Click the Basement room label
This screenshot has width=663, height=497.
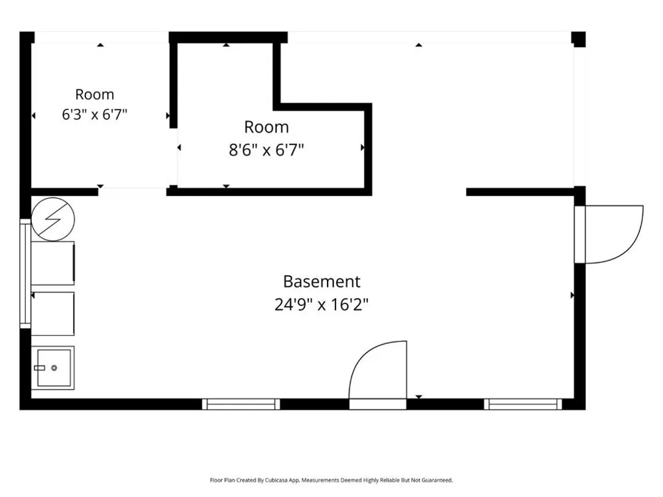pos(322,282)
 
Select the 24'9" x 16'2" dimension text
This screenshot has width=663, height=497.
pos(322,304)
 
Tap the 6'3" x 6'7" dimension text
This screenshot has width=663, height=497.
pos(95,114)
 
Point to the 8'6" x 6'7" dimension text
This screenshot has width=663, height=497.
pos(267,150)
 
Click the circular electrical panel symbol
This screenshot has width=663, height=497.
pos(53,219)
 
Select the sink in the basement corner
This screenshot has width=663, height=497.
pos(53,368)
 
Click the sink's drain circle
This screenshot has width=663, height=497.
pos(54,368)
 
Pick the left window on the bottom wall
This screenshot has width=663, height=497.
pos(241,404)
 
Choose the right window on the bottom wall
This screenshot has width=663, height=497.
pos(523,404)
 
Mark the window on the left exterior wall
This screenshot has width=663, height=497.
pos(25,274)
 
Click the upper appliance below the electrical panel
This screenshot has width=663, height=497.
pos(53,263)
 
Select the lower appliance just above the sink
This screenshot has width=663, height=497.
pos(53,313)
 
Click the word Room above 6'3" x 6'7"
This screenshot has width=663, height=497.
pos(95,94)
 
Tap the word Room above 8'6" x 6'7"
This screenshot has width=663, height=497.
pos(267,127)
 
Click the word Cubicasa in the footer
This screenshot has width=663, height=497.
pos(274,480)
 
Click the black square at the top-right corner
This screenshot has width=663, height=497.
pos(578,39)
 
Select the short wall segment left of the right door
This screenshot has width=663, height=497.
pos(520,192)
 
